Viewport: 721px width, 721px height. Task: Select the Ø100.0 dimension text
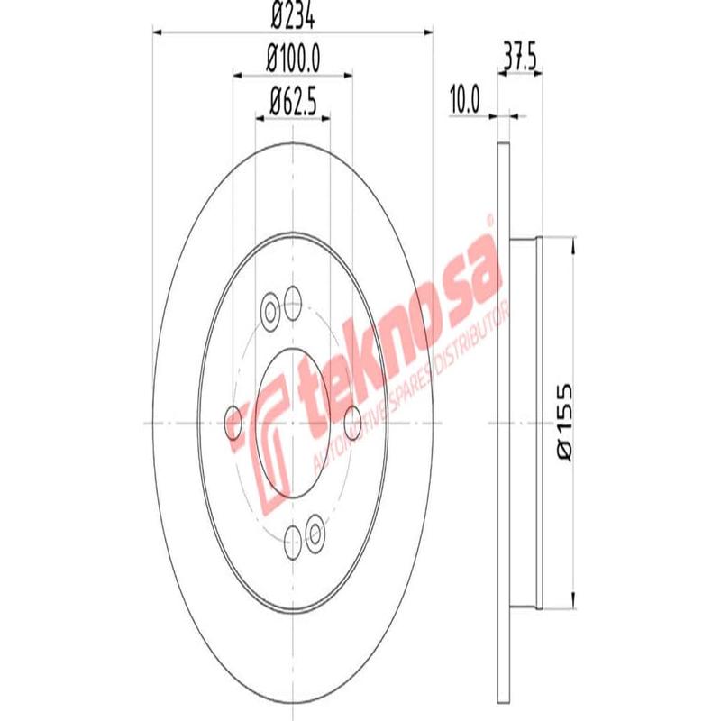(294, 60)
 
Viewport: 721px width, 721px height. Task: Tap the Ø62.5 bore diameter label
(293, 101)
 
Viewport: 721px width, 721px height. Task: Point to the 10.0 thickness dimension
(464, 97)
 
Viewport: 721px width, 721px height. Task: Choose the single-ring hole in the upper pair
(293, 301)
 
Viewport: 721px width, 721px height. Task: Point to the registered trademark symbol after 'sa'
(489, 220)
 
